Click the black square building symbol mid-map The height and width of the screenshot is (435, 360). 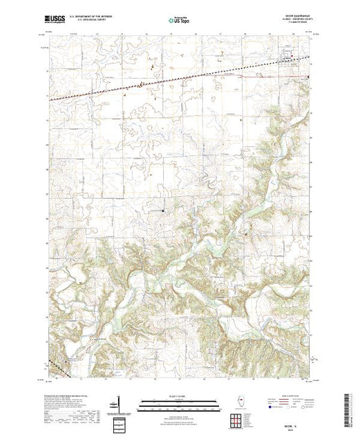[x=163, y=210]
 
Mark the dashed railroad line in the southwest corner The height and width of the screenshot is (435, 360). [x=57, y=365]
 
